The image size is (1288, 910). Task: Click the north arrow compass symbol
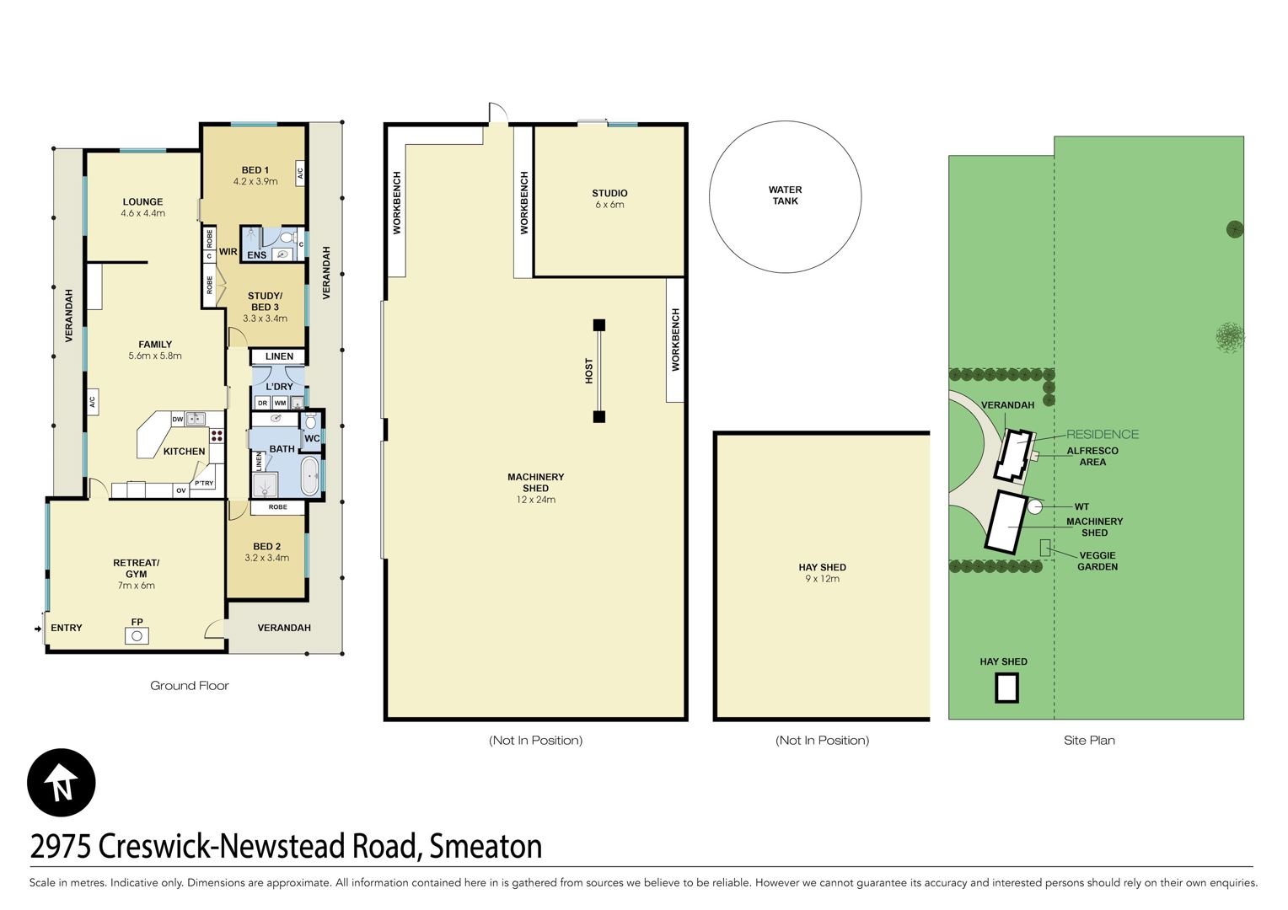pos(61,783)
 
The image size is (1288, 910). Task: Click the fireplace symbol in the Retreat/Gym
pos(137,636)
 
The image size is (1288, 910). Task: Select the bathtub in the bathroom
pos(310,476)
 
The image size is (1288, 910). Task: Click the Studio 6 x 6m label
pos(609,198)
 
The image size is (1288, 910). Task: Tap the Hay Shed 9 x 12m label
pos(822,573)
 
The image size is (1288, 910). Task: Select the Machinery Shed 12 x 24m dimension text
pos(536,500)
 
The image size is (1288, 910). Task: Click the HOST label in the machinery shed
pos(589,371)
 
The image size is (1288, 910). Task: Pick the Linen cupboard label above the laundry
pos(280,356)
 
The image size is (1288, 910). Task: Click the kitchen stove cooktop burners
pos(217,435)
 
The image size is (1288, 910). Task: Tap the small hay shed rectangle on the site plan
pos(1006,688)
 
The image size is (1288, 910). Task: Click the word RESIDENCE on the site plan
pos(1103,434)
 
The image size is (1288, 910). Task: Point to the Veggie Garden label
pos(1097,560)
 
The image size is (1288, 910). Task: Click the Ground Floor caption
pos(189,685)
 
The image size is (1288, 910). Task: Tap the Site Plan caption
pos(1089,740)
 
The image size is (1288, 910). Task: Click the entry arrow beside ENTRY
pos(38,629)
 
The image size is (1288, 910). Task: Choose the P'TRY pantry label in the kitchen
pos(203,484)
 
